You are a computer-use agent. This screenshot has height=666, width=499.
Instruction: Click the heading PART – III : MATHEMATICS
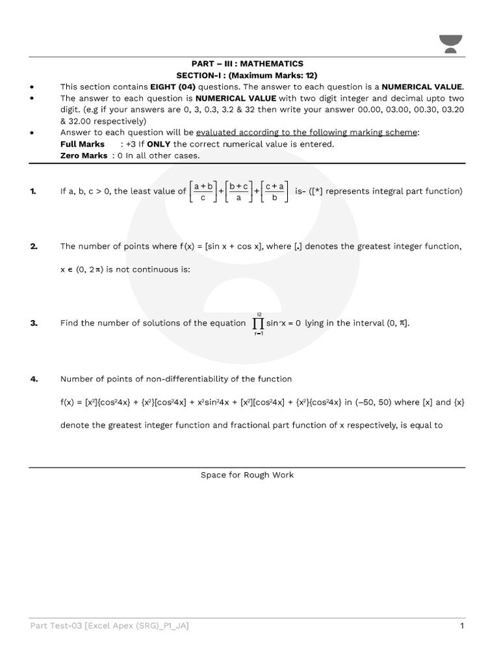pyautogui.click(x=247, y=64)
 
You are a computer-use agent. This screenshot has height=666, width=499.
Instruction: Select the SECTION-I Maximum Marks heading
pyautogui.click(x=247, y=75)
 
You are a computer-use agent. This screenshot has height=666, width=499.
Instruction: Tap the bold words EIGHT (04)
pyautogui.click(x=173, y=87)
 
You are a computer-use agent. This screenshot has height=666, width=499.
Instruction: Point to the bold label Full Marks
pyautogui.click(x=82, y=144)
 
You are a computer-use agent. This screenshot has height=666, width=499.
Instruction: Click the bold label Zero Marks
pyautogui.click(x=84, y=155)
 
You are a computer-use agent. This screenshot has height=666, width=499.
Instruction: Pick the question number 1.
pyautogui.click(x=33, y=191)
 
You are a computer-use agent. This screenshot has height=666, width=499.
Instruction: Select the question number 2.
pyautogui.click(x=33, y=246)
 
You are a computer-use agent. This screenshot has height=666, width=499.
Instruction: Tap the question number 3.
pyautogui.click(x=33, y=323)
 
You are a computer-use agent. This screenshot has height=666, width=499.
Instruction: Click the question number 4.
pyautogui.click(x=33, y=379)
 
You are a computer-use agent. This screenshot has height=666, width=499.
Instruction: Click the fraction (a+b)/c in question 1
pyautogui.click(x=203, y=191)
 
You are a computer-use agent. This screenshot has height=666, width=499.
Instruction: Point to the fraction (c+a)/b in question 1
pyautogui.click(x=275, y=191)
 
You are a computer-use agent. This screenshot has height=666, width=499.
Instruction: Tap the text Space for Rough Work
pyautogui.click(x=247, y=475)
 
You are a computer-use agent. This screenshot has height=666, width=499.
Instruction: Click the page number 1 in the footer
pyautogui.click(x=461, y=626)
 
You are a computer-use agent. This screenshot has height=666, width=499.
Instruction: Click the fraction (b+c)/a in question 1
pyautogui.click(x=238, y=191)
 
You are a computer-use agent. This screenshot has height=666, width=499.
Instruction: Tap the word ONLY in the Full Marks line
pyautogui.click(x=159, y=144)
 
